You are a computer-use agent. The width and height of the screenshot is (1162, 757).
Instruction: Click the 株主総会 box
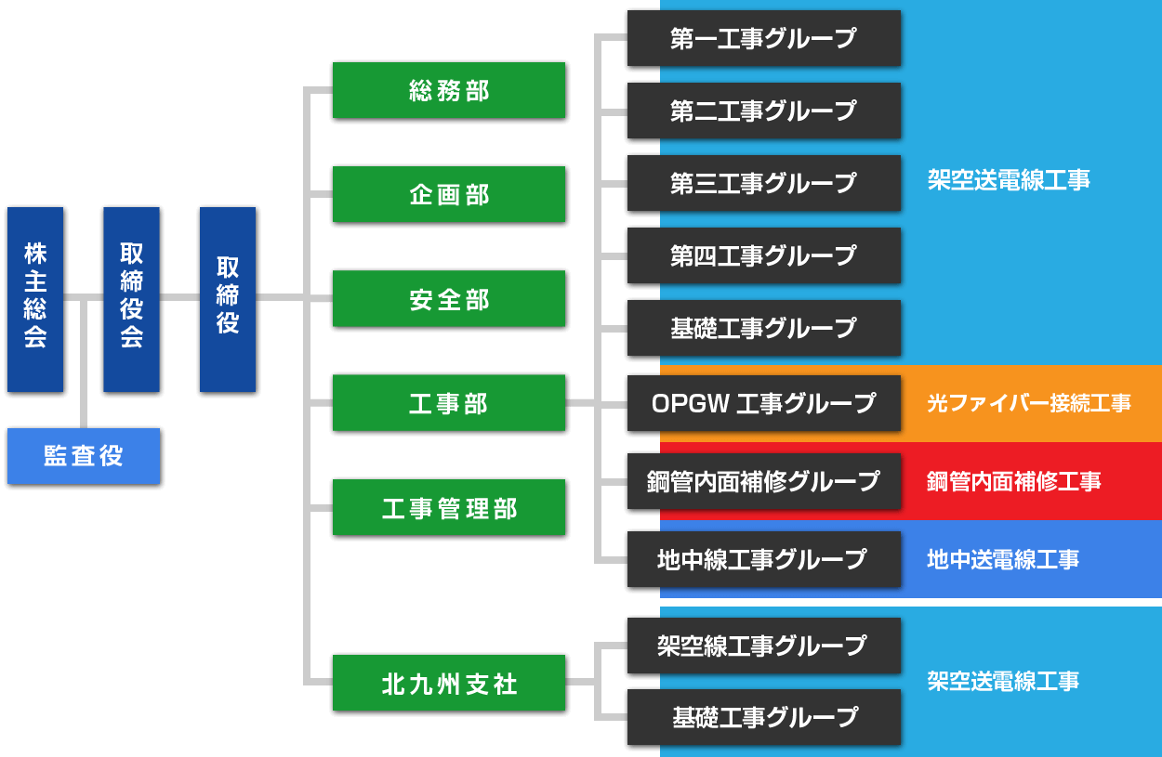[x=35, y=298]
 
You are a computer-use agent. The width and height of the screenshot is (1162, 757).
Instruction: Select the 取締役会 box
[x=131, y=298]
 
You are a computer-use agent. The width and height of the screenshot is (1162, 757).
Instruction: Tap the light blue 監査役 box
[x=84, y=456]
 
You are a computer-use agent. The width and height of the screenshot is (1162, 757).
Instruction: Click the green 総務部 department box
[x=448, y=90]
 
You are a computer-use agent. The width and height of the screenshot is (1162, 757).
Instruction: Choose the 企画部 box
[x=448, y=194]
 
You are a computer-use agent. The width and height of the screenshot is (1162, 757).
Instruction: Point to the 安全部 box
[x=448, y=299]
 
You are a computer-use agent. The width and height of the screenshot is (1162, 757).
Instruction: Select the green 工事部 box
[x=448, y=403]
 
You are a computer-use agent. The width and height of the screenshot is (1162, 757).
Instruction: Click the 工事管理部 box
[x=448, y=508]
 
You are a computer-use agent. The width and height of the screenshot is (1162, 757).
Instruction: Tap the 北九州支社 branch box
[x=448, y=683]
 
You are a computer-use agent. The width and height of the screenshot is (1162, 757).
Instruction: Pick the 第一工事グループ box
[x=763, y=38]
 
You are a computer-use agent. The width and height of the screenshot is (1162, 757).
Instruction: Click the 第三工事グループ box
[x=763, y=183]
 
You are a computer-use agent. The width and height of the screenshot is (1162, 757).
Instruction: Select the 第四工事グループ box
[x=763, y=255]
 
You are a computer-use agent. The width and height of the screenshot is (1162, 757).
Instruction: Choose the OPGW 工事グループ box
[x=763, y=403]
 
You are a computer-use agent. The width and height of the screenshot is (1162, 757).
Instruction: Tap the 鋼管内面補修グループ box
[x=763, y=481]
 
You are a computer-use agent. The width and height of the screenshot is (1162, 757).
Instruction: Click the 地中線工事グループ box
[x=763, y=559]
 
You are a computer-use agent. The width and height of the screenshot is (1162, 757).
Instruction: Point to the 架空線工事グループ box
[x=763, y=646]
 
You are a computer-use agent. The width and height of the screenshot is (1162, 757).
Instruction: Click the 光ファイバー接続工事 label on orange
[x=1028, y=403]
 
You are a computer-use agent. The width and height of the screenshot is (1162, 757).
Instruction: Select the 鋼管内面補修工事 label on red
[x=1013, y=481]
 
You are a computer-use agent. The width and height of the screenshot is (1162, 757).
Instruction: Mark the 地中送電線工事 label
[x=1003, y=559]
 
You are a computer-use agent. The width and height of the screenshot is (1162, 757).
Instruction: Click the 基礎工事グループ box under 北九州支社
[x=763, y=717]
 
